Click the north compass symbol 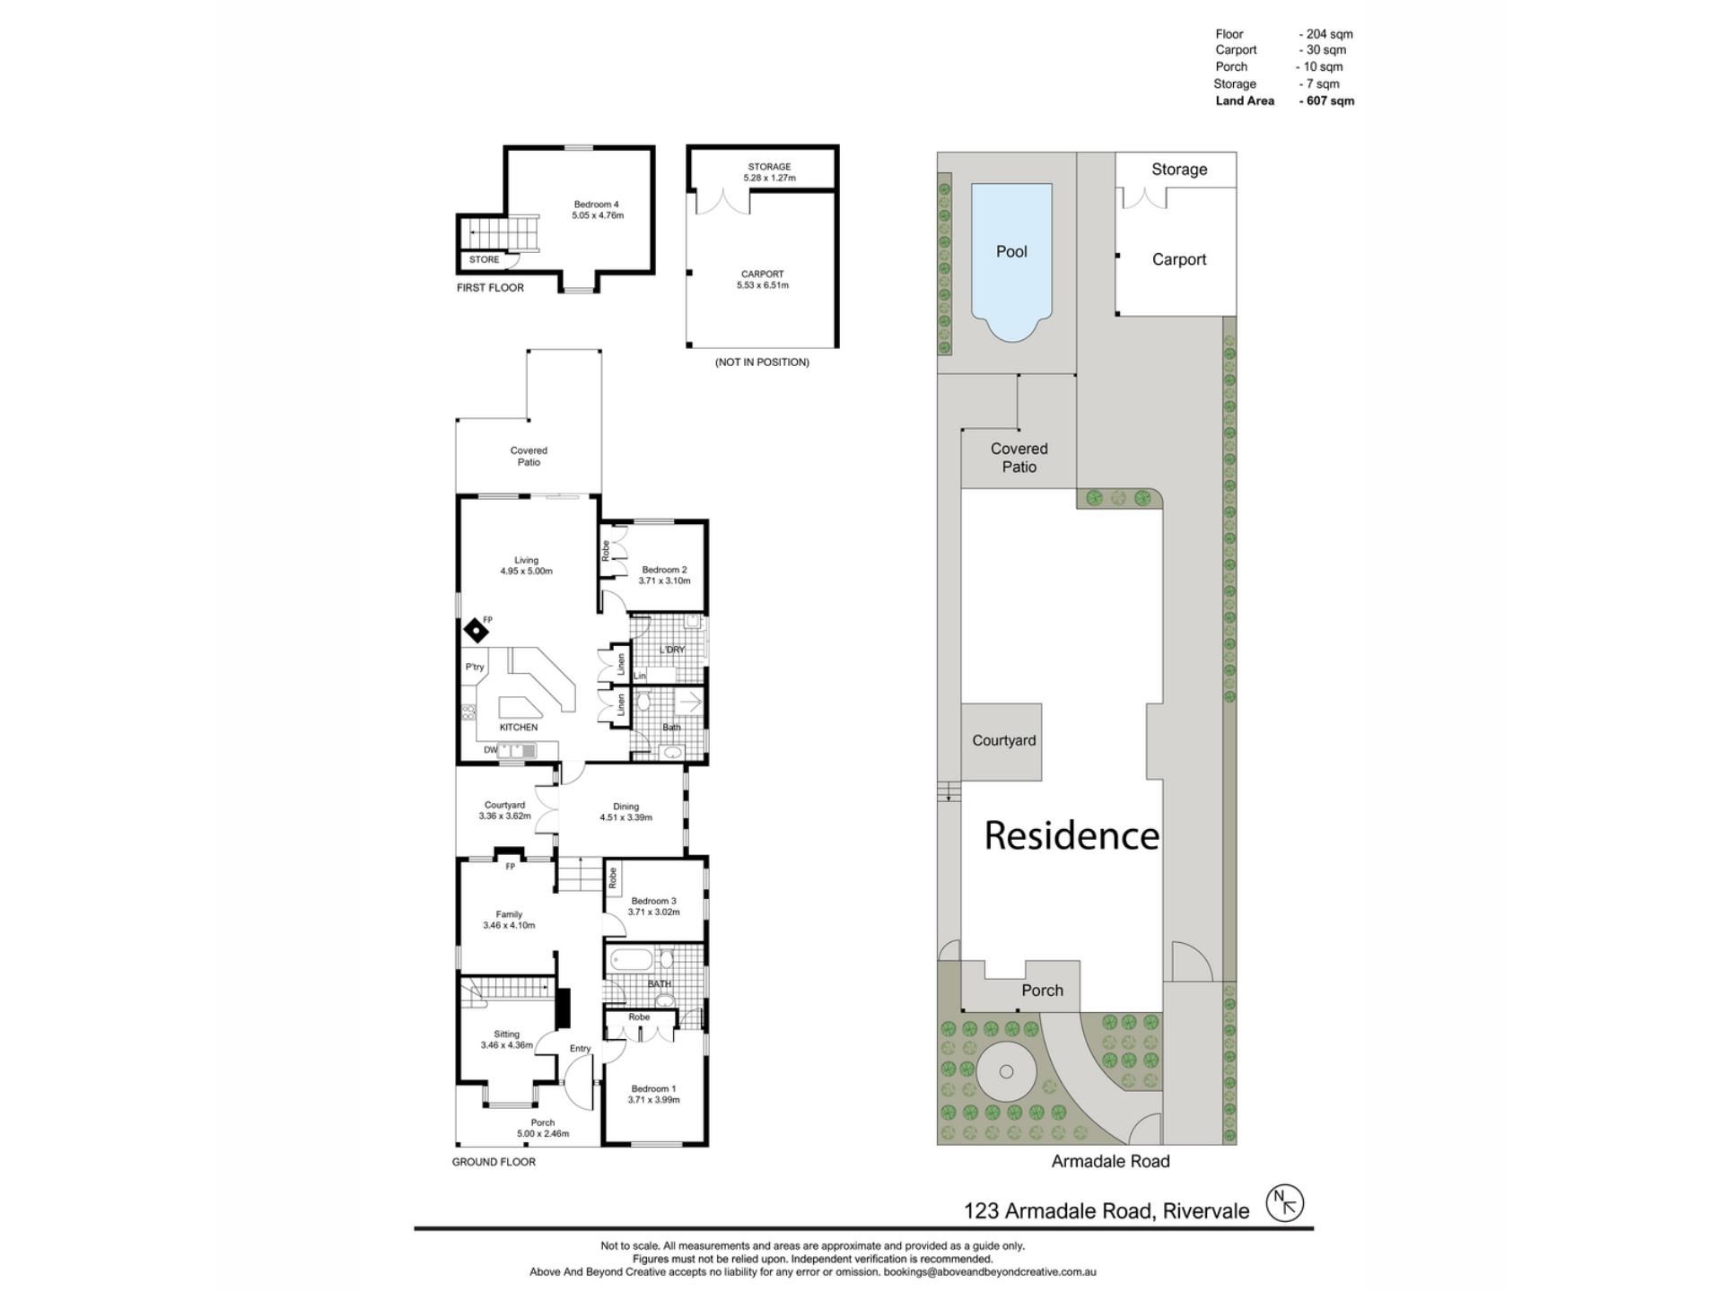pyautogui.click(x=1284, y=1203)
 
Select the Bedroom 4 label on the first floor pyautogui.click(x=597, y=205)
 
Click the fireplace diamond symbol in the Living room pyautogui.click(x=476, y=631)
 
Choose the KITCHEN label pyautogui.click(x=519, y=727)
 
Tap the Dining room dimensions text pyautogui.click(x=626, y=817)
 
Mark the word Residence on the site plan pyautogui.click(x=1071, y=835)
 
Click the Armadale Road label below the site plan pyautogui.click(x=1111, y=1161)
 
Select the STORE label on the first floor pyautogui.click(x=484, y=259)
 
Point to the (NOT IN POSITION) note pyautogui.click(x=762, y=362)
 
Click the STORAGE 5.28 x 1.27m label pyautogui.click(x=769, y=172)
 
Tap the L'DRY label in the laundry pyautogui.click(x=672, y=650)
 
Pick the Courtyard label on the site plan pyautogui.click(x=1004, y=740)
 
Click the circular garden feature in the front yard pyautogui.click(x=1006, y=1072)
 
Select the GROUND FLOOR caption pyautogui.click(x=494, y=1162)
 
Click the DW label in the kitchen pyautogui.click(x=490, y=750)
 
